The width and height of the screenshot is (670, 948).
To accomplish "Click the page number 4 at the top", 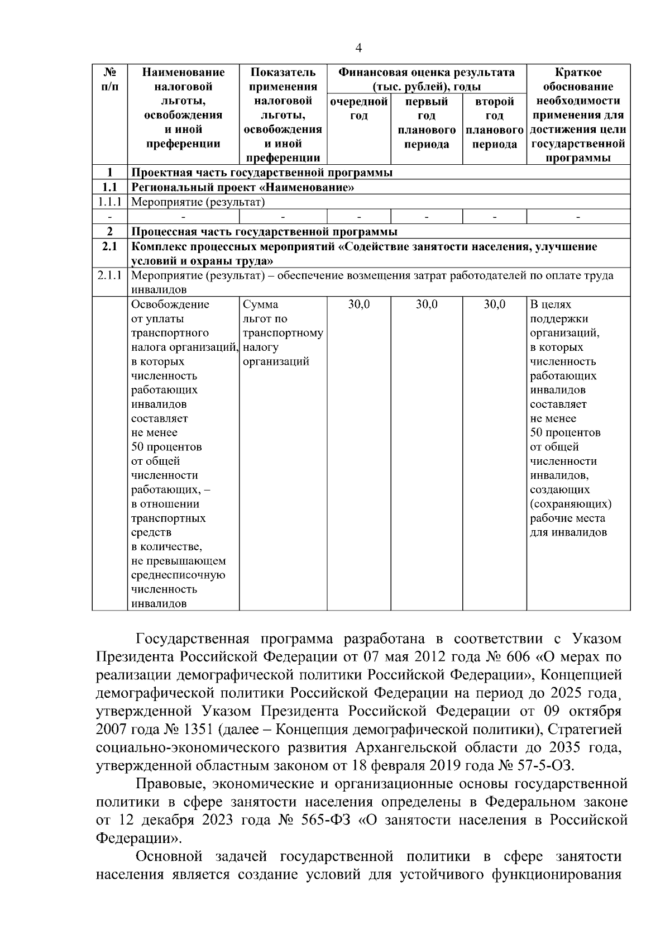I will tap(359, 48).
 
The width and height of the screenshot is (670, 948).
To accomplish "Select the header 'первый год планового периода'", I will tap(427, 123).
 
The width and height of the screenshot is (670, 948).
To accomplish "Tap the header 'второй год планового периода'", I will tap(494, 123).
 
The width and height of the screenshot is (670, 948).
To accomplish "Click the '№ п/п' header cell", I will tap(110, 79).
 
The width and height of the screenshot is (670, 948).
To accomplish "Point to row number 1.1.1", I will tap(110, 202).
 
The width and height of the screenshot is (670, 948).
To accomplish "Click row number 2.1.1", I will tap(110, 275).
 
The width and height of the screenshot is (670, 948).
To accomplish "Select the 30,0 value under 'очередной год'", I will tap(358, 304).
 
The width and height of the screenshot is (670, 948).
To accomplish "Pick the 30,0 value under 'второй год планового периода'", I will tap(494, 304).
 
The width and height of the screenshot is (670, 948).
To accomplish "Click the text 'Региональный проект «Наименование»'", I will tap(242, 187).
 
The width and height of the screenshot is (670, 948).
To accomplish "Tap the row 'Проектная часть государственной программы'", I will tap(261, 173).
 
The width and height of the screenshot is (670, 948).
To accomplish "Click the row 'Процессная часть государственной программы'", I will tap(264, 232).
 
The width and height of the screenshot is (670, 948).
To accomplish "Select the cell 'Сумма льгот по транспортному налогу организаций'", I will tap(283, 333).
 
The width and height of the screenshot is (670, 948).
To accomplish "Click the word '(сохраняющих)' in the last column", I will tap(571, 504).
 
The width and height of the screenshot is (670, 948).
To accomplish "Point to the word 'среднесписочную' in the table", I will tap(178, 575).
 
